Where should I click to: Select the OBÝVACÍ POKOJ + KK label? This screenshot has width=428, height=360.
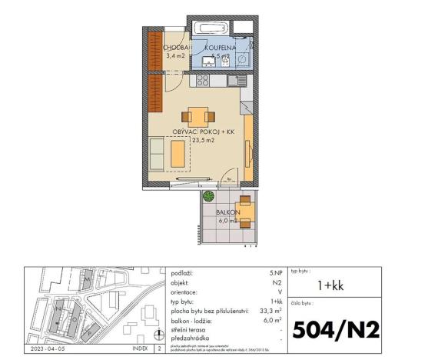click(x=203, y=132)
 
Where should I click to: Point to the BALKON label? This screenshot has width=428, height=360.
click(x=228, y=212)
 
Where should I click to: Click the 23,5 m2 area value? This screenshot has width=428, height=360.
click(x=203, y=142)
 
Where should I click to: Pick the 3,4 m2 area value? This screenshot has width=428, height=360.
click(x=176, y=56)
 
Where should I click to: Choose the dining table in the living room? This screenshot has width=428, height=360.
click(x=197, y=116)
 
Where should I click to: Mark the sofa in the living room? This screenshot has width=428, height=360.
click(x=157, y=153)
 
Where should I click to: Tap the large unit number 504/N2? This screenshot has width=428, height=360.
click(x=337, y=329)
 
